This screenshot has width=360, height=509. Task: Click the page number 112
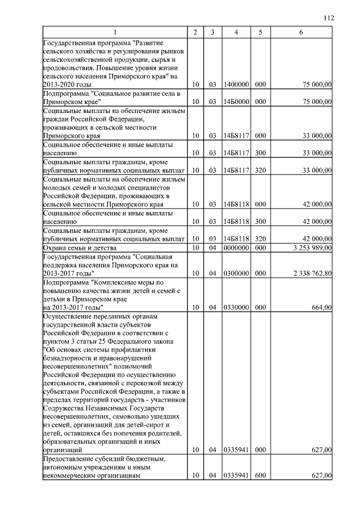point(329,18)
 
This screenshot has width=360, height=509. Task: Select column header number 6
point(301,33)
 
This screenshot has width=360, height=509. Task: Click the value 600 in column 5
point(260,476)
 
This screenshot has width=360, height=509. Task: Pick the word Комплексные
point(124,282)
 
